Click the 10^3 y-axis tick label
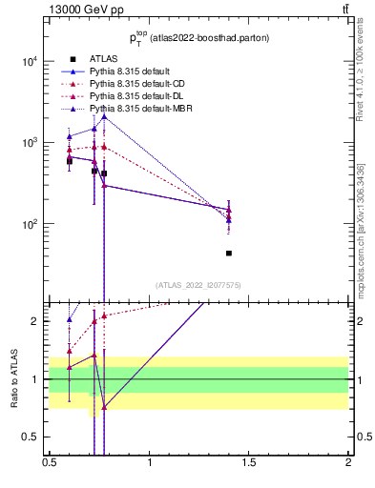[x=30, y=142]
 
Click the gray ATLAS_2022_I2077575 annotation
[x=198, y=285]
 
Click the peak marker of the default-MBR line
[x=104, y=116]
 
